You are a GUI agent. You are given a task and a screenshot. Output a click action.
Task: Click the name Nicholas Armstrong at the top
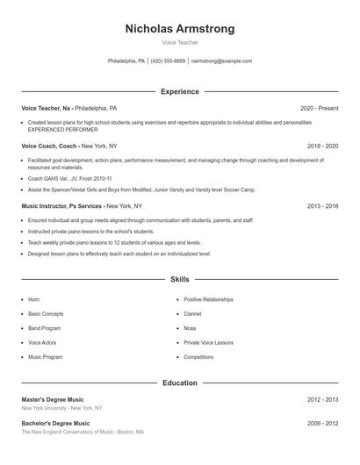coord(180,29)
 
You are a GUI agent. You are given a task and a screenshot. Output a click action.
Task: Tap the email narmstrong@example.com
coord(221,61)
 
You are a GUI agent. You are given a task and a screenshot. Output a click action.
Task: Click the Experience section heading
coord(180,91)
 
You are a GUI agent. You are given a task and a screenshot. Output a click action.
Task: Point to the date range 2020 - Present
coord(319,108)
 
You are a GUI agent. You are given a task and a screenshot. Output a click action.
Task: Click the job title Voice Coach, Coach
coord(50,146)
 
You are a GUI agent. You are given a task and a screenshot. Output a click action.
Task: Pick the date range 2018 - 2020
coord(323,146)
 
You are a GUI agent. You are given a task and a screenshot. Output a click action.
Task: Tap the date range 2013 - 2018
coord(323,206)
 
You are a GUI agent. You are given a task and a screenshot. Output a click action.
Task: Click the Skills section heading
coord(180,280)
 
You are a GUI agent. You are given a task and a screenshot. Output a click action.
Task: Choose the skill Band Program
coord(45,328)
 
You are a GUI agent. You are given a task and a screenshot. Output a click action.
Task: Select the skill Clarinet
coord(192,313)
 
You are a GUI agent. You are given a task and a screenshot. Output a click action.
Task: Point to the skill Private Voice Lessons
coord(209,343)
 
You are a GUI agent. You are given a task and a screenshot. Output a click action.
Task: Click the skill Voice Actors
coord(42,343)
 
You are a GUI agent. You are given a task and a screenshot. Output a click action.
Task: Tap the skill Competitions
coord(198,358)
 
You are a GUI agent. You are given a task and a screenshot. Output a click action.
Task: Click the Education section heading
coord(180,383)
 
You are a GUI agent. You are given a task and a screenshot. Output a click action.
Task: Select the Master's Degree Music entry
coord(55,399)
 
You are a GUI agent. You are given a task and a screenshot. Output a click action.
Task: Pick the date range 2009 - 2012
coord(323,423)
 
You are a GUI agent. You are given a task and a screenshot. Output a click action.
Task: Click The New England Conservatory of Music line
coord(83,432)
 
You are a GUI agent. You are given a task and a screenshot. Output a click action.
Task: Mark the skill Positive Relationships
coord(209,299)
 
